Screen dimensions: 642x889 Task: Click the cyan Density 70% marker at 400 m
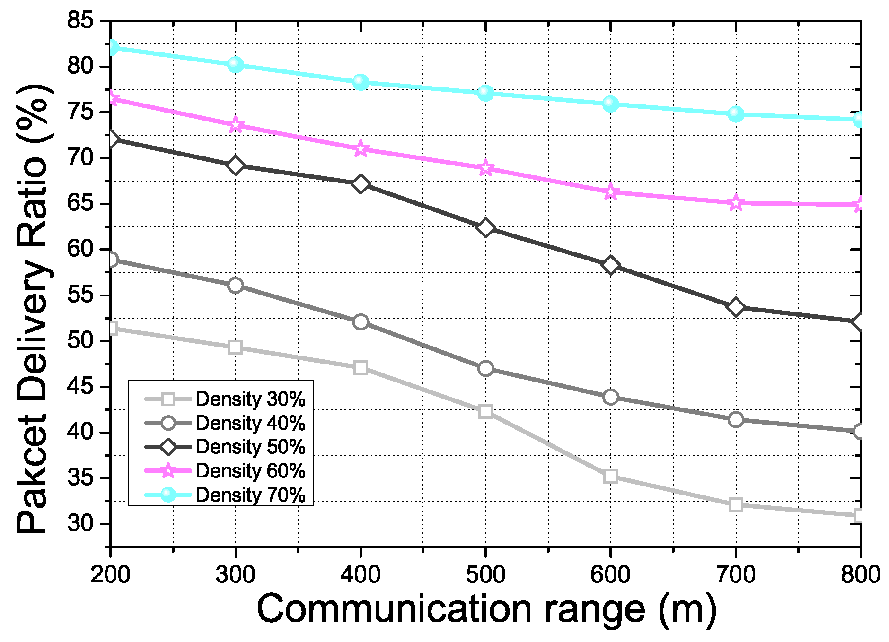(361, 82)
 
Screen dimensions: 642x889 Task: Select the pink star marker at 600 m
(610, 192)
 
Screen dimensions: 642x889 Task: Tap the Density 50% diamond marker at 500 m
(485, 228)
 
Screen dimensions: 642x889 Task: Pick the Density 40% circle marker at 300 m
(235, 285)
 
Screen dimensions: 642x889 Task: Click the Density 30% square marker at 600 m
(610, 476)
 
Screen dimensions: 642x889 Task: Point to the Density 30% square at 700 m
(735, 504)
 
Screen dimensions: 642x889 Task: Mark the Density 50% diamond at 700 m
(735, 307)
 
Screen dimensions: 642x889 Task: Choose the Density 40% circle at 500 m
(485, 368)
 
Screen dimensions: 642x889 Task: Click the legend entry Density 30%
(250, 399)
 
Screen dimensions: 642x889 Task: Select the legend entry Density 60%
(250, 471)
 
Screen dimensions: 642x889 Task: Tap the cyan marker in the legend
(168, 495)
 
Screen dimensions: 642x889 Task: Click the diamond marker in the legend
(168, 447)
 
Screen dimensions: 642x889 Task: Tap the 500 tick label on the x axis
(485, 575)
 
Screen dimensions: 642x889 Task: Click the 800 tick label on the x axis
(860, 575)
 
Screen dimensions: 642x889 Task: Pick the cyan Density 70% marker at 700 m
(735, 114)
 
